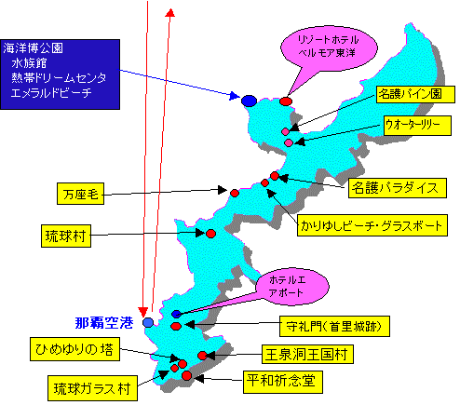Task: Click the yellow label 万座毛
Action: coord(80,194)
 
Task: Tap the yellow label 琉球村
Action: coord(66,236)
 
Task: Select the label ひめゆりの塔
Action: coord(74,349)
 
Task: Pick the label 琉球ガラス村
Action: coord(92,388)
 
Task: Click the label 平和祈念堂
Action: coord(283,382)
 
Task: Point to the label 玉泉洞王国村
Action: coord(307,354)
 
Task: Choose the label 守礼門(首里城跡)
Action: coord(334,326)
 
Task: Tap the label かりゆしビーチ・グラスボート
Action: coord(372,225)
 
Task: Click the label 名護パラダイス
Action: coord(398,188)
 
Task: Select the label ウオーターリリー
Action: coord(417,126)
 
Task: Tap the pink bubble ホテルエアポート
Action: coord(292,287)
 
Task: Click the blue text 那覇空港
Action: coord(104,323)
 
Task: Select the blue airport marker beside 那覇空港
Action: coord(148,322)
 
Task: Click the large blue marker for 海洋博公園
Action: coord(250,101)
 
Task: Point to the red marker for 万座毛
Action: coord(235,193)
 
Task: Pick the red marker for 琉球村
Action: coord(210,234)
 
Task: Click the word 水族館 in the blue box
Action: coord(29,63)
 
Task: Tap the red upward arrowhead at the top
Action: coord(170,13)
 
